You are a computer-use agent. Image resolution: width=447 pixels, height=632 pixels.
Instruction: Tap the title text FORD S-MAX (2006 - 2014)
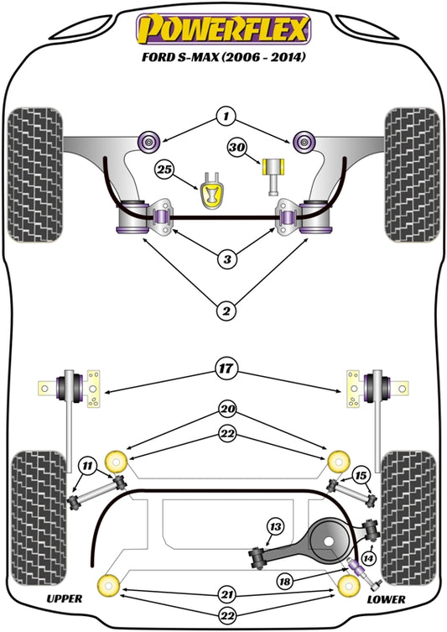click(224, 58)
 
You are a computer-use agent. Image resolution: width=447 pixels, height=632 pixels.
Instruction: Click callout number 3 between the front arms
click(225, 260)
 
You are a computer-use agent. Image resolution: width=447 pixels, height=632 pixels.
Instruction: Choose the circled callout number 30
click(237, 149)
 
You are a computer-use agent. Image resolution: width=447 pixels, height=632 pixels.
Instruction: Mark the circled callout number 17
click(225, 367)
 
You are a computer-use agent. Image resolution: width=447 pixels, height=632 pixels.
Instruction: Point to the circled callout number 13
click(274, 526)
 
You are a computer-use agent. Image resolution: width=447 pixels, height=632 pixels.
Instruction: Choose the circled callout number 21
click(225, 594)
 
